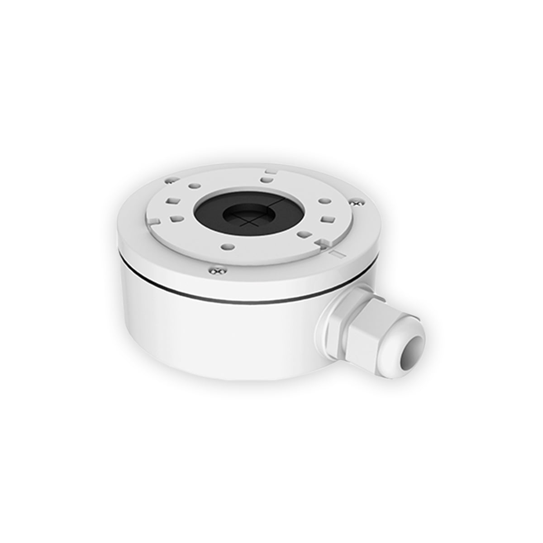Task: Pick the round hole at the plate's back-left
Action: tap(194, 186)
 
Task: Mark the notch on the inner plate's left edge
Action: tap(154, 221)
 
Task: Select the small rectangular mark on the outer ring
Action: tap(336, 254)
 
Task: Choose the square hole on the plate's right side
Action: tap(327, 220)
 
